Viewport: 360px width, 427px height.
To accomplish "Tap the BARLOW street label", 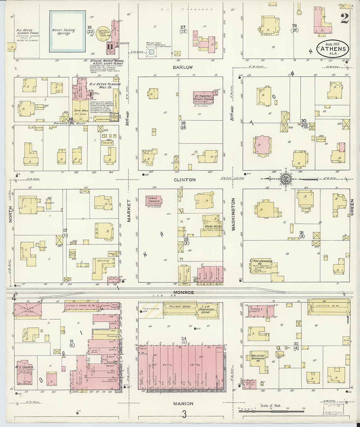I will (x=183, y=67).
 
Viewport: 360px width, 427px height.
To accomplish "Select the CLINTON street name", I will (x=185, y=180).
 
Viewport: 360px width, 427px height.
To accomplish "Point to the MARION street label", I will (x=183, y=403).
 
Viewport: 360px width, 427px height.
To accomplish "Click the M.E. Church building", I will (x=24, y=372).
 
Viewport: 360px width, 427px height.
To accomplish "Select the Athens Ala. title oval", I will (x=333, y=49).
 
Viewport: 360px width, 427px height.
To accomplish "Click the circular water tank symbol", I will (x=151, y=51).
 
